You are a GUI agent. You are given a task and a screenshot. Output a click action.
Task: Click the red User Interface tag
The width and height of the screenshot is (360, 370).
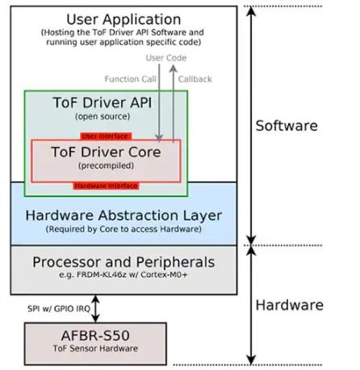pyautogui.click(x=104, y=136)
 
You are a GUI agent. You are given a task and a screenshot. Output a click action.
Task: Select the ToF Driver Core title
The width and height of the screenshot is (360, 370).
pyautogui.click(x=106, y=152)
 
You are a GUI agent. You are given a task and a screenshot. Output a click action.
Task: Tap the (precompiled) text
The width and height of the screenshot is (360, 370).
pyautogui.click(x=106, y=166)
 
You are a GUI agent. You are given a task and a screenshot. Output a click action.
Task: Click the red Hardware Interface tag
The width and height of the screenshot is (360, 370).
pyautogui.click(x=106, y=185)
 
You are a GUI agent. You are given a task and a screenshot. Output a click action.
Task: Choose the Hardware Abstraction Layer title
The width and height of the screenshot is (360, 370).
pyautogui.click(x=123, y=216)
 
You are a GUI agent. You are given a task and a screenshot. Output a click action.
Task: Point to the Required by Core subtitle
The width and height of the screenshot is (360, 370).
pyautogui.click(x=123, y=229)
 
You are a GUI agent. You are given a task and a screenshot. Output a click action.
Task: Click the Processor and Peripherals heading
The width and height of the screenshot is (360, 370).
pyautogui.click(x=123, y=263)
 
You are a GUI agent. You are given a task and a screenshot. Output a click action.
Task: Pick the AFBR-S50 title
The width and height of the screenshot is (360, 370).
pyautogui.click(x=95, y=335)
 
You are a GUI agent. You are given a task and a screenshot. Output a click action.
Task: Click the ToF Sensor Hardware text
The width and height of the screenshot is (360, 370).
pyautogui.click(x=95, y=349)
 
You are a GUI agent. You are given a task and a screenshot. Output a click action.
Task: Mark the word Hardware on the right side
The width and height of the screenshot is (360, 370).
pyautogui.click(x=289, y=305)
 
